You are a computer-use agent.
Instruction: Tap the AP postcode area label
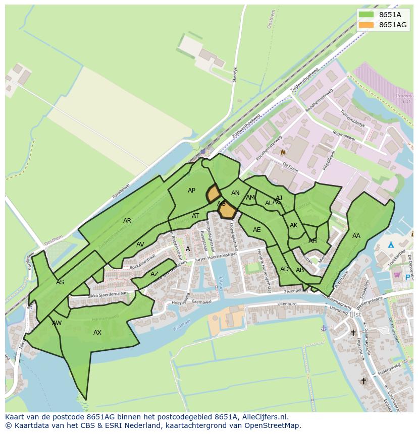tap(191, 191)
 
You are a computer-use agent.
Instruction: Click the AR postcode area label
tap(127, 221)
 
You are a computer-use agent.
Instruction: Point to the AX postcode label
tap(97, 333)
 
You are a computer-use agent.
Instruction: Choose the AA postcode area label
tap(356, 236)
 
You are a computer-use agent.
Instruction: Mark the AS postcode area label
tap(60, 282)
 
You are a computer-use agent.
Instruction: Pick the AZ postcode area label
tap(154, 275)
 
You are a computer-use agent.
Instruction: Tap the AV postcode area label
tap(140, 245)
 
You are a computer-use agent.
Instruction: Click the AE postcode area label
tap(257, 230)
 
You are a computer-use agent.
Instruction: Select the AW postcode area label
tap(57, 323)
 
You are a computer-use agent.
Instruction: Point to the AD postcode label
tap(284, 269)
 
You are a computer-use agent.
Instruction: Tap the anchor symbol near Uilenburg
tap(324, 328)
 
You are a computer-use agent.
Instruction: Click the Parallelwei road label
tap(122, 187)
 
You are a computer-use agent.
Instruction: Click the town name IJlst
tap(355, 314)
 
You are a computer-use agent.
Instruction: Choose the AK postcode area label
tap(294, 225)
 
